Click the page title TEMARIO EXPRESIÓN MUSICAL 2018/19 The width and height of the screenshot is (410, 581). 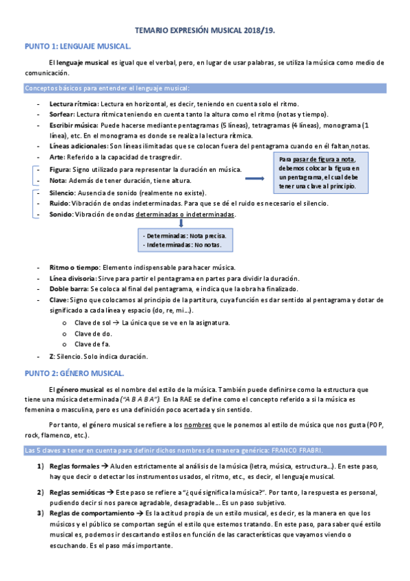[x=205, y=31]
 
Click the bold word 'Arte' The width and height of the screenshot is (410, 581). [x=56, y=157]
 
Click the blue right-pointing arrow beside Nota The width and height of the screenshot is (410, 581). [x=255, y=178]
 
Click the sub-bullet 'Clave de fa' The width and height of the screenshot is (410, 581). [x=92, y=344]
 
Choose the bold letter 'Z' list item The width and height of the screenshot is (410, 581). [x=52, y=356]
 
